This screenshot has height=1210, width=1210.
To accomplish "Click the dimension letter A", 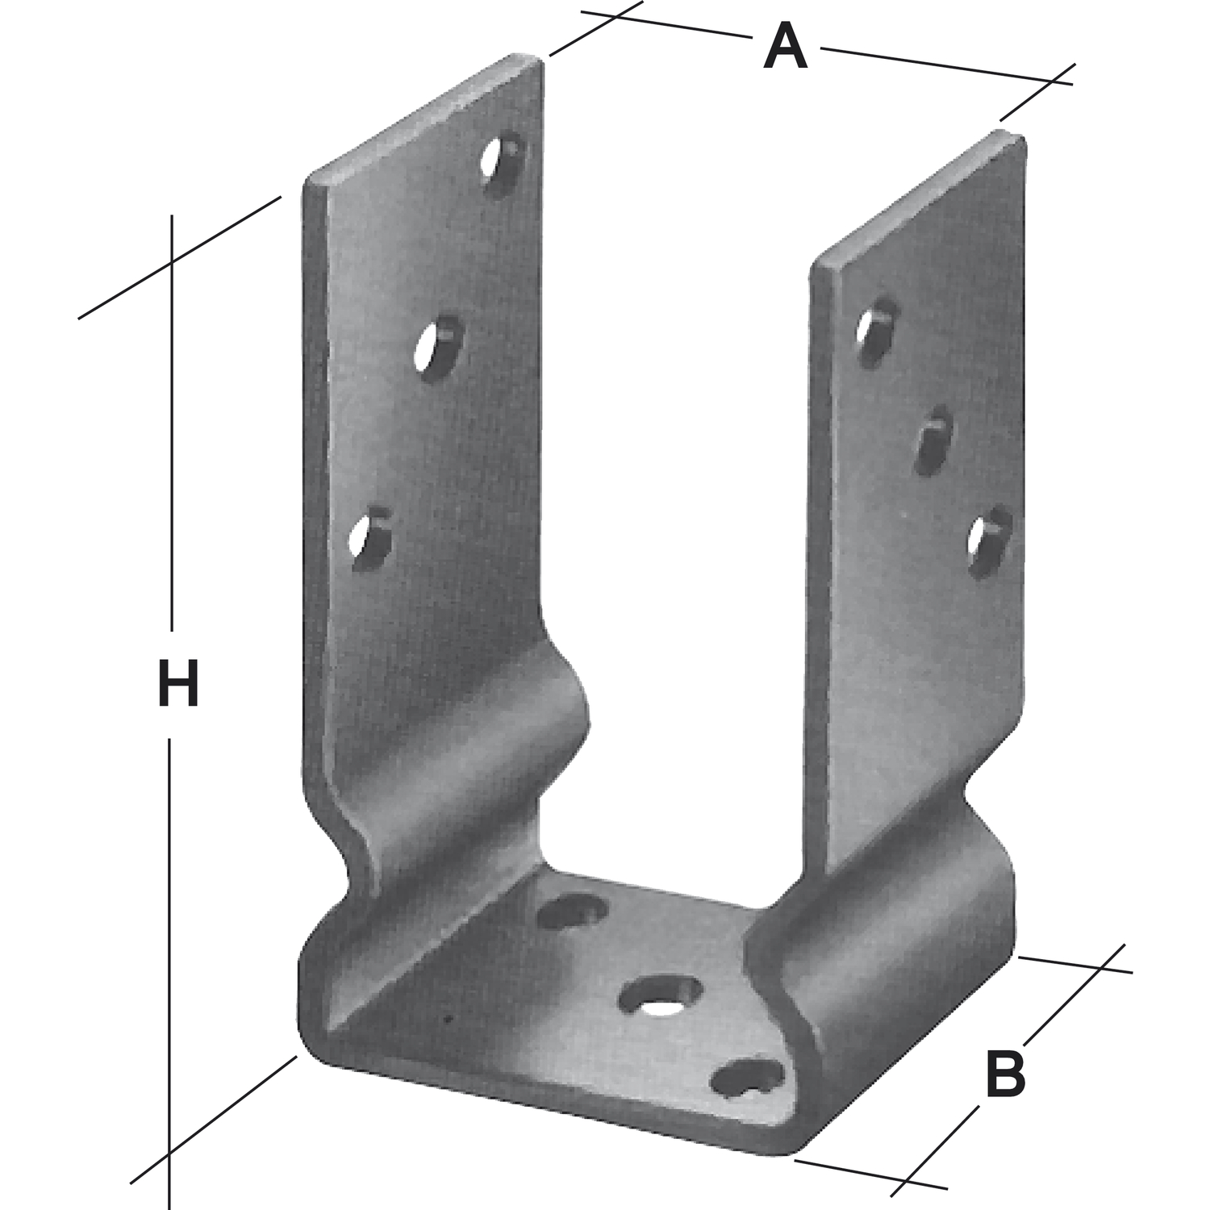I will [785, 48].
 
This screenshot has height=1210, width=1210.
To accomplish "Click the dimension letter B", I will [1005, 1072].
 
